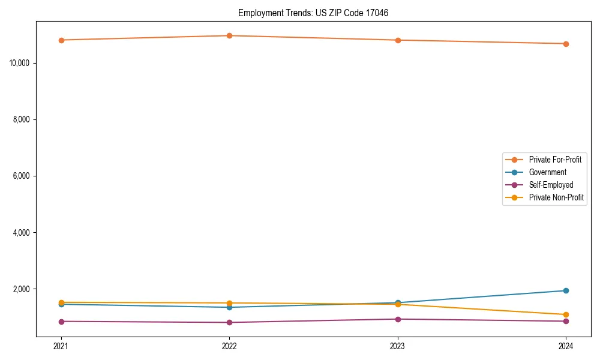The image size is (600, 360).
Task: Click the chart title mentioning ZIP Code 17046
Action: [x=313, y=13]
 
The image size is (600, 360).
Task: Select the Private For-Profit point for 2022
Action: [x=229, y=35]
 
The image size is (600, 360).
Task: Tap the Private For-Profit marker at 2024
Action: [x=566, y=44]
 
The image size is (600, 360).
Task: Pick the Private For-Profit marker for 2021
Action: [x=61, y=40]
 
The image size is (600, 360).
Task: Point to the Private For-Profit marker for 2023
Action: [x=398, y=40]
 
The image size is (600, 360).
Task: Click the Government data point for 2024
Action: [x=566, y=290]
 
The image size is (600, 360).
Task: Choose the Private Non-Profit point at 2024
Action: [x=566, y=314]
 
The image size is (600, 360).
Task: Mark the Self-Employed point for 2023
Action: [x=398, y=319]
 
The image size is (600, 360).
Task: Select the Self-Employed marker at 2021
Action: [x=61, y=322]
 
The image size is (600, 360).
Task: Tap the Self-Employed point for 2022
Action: [x=229, y=323]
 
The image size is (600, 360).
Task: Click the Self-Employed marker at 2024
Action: [x=566, y=321]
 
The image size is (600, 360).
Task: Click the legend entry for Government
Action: [x=547, y=172]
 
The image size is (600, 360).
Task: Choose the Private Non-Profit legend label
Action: [x=556, y=197]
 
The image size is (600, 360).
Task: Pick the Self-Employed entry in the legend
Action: [x=551, y=185]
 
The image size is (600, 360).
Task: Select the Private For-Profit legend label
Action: [x=555, y=160]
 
